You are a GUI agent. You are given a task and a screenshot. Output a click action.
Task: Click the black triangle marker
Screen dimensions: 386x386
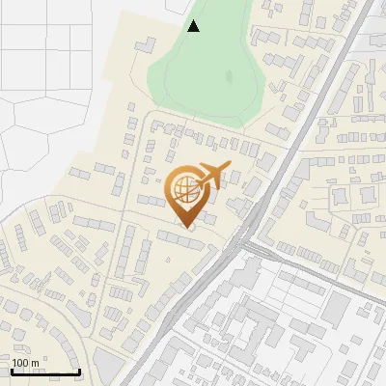click(x=194, y=26)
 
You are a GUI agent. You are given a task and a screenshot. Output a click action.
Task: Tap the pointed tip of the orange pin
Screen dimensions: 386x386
click(x=189, y=229)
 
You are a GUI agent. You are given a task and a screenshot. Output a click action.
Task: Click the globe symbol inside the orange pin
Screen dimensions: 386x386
click(x=187, y=187)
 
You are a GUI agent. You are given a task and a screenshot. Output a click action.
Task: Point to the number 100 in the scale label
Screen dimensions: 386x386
click(x=20, y=363)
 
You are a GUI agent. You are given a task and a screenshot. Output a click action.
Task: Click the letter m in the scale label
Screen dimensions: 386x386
click(x=35, y=363)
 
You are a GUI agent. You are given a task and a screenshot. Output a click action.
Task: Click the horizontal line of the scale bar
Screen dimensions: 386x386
click(x=44, y=372)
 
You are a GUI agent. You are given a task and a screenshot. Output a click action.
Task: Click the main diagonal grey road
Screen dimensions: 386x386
click(x=289, y=154)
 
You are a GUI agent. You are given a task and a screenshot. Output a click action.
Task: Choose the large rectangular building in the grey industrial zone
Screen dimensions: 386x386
click(x=335, y=309)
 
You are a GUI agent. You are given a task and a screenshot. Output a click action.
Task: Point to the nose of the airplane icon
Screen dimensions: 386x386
click(x=230, y=166)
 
